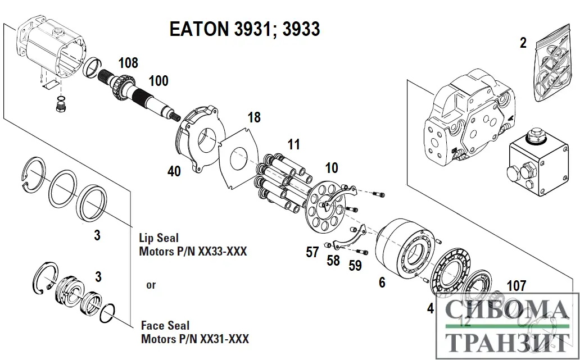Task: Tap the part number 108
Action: (x=128, y=63)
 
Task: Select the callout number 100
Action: (x=158, y=81)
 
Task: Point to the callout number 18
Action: (x=254, y=117)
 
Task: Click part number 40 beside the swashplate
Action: (x=174, y=171)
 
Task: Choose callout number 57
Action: (x=312, y=253)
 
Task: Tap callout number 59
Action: (x=355, y=265)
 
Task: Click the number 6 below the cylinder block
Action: (x=382, y=282)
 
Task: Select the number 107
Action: (x=516, y=286)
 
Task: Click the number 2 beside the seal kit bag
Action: (x=523, y=43)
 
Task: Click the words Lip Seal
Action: (x=158, y=238)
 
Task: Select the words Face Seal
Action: (x=165, y=326)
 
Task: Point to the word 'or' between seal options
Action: (x=151, y=285)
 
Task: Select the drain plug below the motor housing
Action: (x=60, y=104)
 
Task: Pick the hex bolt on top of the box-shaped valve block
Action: (x=532, y=135)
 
